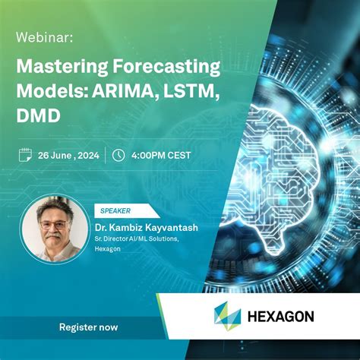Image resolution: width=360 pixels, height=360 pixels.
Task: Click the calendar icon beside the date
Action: [x=25, y=155]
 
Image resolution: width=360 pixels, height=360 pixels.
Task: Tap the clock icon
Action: [x=118, y=155]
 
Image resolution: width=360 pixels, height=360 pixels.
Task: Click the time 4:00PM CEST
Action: [x=161, y=155]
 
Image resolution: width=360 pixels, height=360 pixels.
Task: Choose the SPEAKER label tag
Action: [x=115, y=210]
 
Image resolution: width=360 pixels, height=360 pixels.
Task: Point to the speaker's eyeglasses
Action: [x=52, y=226]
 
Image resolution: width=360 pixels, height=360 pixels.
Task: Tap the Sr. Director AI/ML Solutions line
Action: [x=136, y=239]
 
